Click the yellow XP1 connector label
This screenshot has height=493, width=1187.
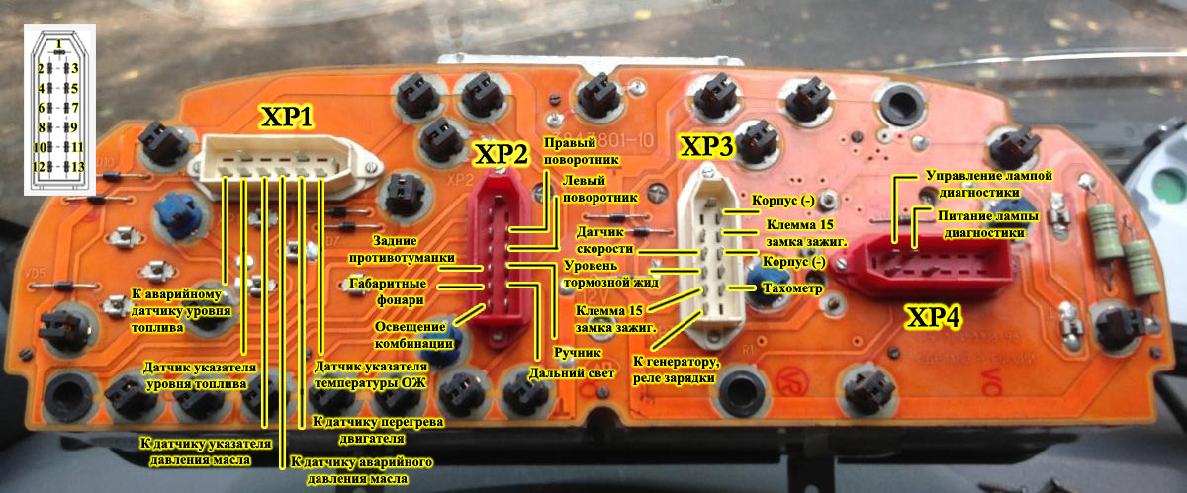pos(286,119)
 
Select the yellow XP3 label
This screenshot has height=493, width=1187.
pos(706,147)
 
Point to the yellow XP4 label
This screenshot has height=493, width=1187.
pos(936,319)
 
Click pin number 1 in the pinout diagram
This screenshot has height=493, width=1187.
pos(59,43)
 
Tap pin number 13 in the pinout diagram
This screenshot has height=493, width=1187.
pos(74,166)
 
